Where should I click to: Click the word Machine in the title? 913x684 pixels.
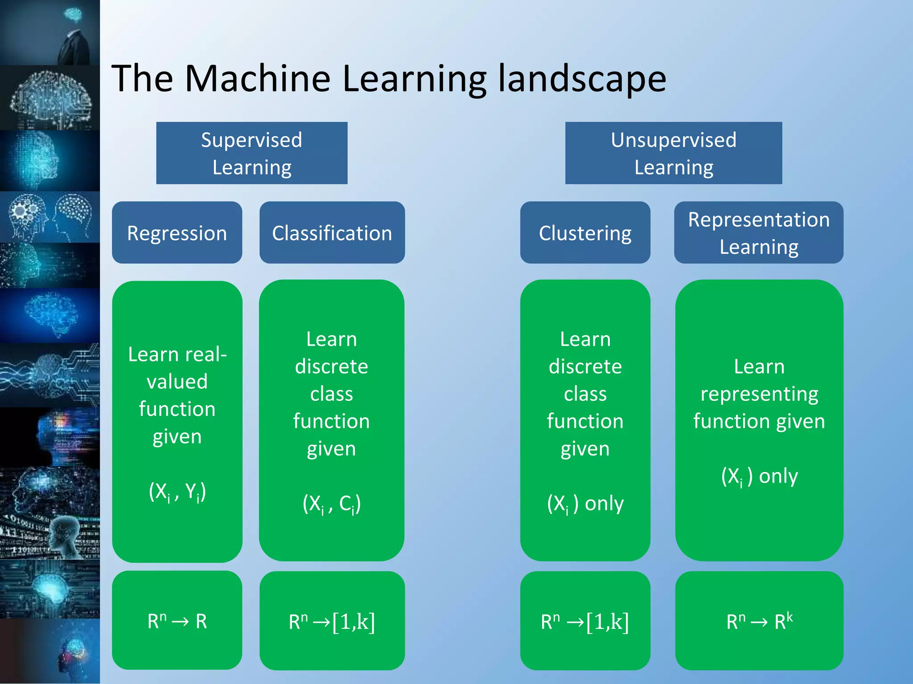click(257, 78)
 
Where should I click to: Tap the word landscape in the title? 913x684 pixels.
click(582, 79)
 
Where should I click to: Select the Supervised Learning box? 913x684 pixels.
click(251, 153)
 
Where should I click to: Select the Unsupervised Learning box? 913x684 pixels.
click(673, 153)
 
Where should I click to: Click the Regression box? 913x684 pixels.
click(177, 232)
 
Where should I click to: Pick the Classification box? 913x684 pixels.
click(332, 232)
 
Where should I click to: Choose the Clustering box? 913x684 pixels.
click(585, 232)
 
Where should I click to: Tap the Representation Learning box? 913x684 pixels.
click(758, 232)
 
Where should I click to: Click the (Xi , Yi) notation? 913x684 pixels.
click(177, 492)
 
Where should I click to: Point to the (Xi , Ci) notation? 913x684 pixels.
click(331, 504)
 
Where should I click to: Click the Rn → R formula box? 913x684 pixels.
click(177, 620)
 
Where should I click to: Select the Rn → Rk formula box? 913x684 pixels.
click(759, 621)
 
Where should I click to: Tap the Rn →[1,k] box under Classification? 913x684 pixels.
click(332, 621)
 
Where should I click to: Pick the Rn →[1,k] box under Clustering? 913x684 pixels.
click(585, 621)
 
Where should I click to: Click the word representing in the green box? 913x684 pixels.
click(759, 394)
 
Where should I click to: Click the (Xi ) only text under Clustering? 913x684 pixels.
click(585, 504)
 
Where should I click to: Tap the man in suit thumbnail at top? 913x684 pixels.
click(50, 33)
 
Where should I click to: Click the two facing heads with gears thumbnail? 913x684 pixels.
click(50, 217)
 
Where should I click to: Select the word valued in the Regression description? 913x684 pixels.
click(177, 382)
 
